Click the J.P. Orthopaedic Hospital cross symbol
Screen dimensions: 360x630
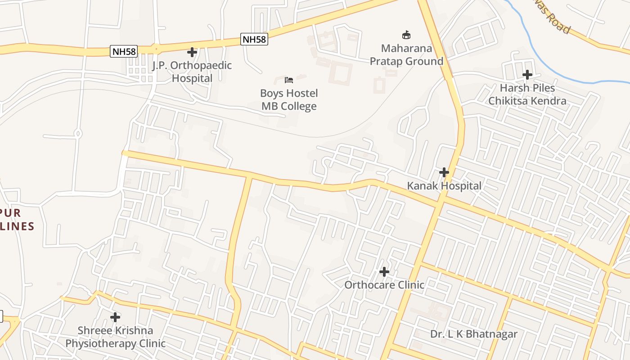[192, 52]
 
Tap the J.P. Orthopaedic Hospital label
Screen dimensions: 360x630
[192, 72]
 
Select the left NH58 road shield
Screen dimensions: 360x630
[124, 51]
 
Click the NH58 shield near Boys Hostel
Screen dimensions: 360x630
[254, 39]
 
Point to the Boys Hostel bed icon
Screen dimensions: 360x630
[289, 80]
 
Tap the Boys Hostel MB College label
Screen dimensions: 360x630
[289, 100]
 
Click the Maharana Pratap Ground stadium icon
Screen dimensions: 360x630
[406, 35]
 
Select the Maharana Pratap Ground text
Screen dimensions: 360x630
[406, 54]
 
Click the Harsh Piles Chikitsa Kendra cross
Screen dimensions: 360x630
[527, 75]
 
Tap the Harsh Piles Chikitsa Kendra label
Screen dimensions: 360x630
[527, 94]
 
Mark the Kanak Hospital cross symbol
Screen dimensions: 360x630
[444, 172]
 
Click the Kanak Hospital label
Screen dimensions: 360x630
[444, 186]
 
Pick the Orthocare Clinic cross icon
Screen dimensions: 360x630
[384, 272]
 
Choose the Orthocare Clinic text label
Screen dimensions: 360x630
[384, 285]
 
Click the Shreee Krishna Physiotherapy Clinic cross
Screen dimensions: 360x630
[115, 317]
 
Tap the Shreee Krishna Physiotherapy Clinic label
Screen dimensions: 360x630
[115, 337]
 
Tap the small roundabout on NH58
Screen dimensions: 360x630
[156, 48]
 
